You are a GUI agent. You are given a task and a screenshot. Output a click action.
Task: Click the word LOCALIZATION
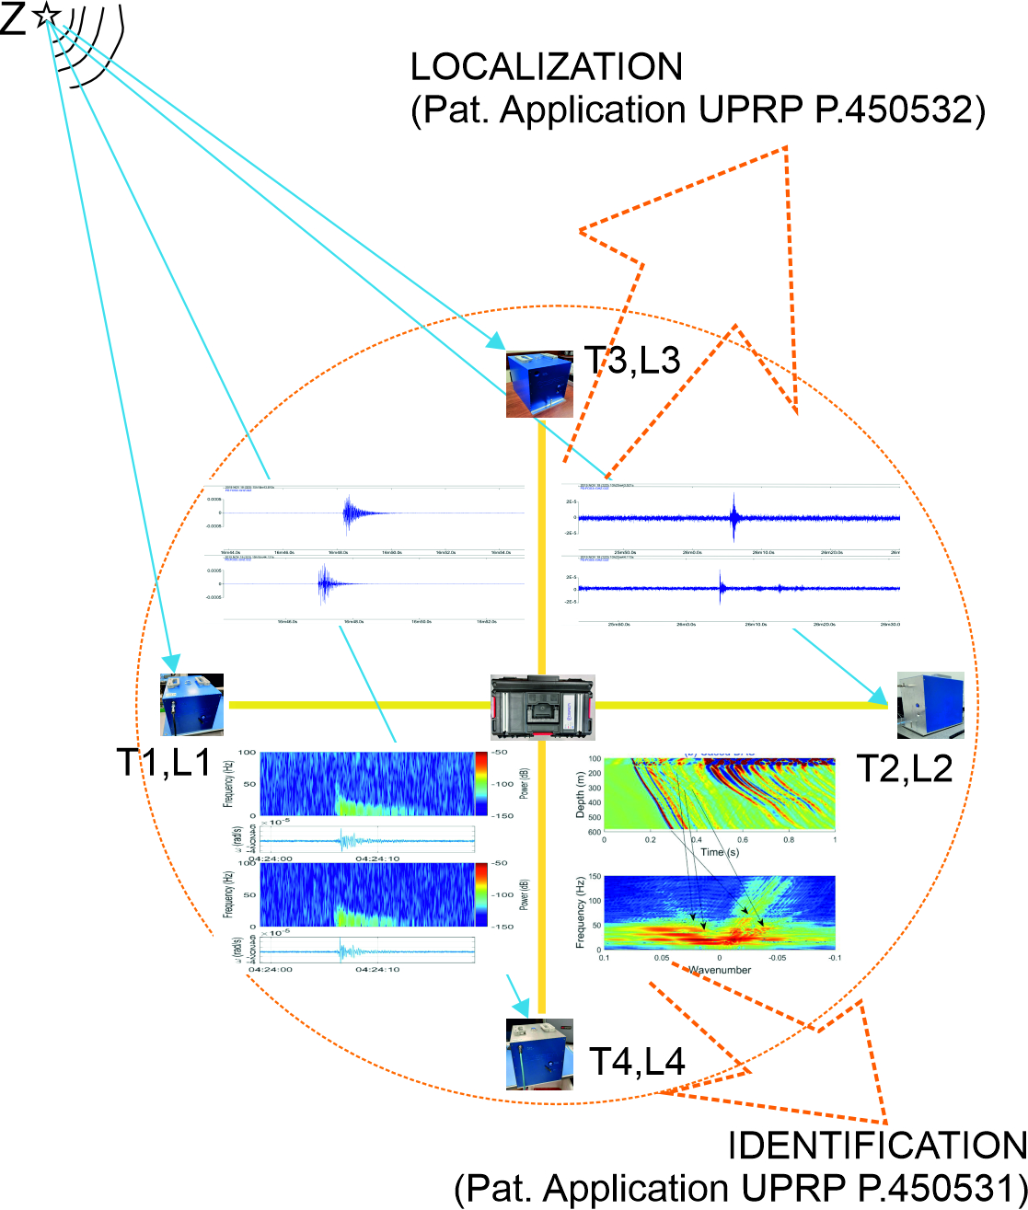(547, 68)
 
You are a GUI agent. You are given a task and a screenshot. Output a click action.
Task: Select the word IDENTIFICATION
(877, 1146)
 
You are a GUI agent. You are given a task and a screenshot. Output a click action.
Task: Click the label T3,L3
(631, 362)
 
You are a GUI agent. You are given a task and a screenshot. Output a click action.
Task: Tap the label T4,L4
(636, 1063)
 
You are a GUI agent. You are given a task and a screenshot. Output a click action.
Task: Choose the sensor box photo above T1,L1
(193, 704)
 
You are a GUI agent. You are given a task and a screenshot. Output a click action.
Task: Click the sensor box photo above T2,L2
(930, 705)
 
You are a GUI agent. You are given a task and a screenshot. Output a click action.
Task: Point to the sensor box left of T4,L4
(539, 1054)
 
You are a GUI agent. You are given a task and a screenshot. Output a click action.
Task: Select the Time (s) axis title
(719, 853)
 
